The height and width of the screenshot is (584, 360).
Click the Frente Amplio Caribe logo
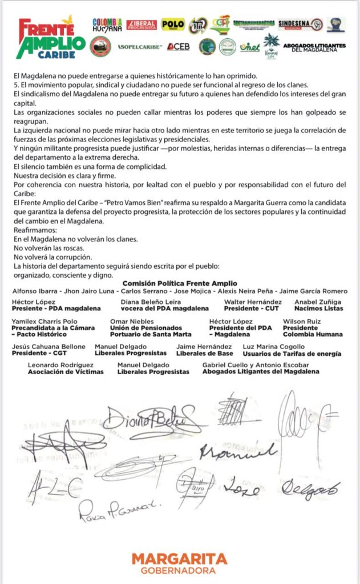click(x=51, y=38)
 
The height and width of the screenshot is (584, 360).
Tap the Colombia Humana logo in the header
click(x=107, y=25)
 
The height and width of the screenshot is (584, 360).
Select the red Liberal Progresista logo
click(x=141, y=25)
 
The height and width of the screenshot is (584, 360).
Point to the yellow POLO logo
click(x=173, y=24)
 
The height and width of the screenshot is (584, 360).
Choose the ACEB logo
click(x=179, y=46)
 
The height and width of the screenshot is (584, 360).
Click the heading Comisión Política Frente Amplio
click(x=180, y=283)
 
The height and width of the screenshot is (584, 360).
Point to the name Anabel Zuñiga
click(x=318, y=302)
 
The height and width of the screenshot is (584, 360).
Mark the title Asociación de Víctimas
click(x=66, y=372)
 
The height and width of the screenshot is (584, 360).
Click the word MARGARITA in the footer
click(x=179, y=558)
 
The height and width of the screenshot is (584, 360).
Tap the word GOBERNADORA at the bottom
click(x=179, y=571)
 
